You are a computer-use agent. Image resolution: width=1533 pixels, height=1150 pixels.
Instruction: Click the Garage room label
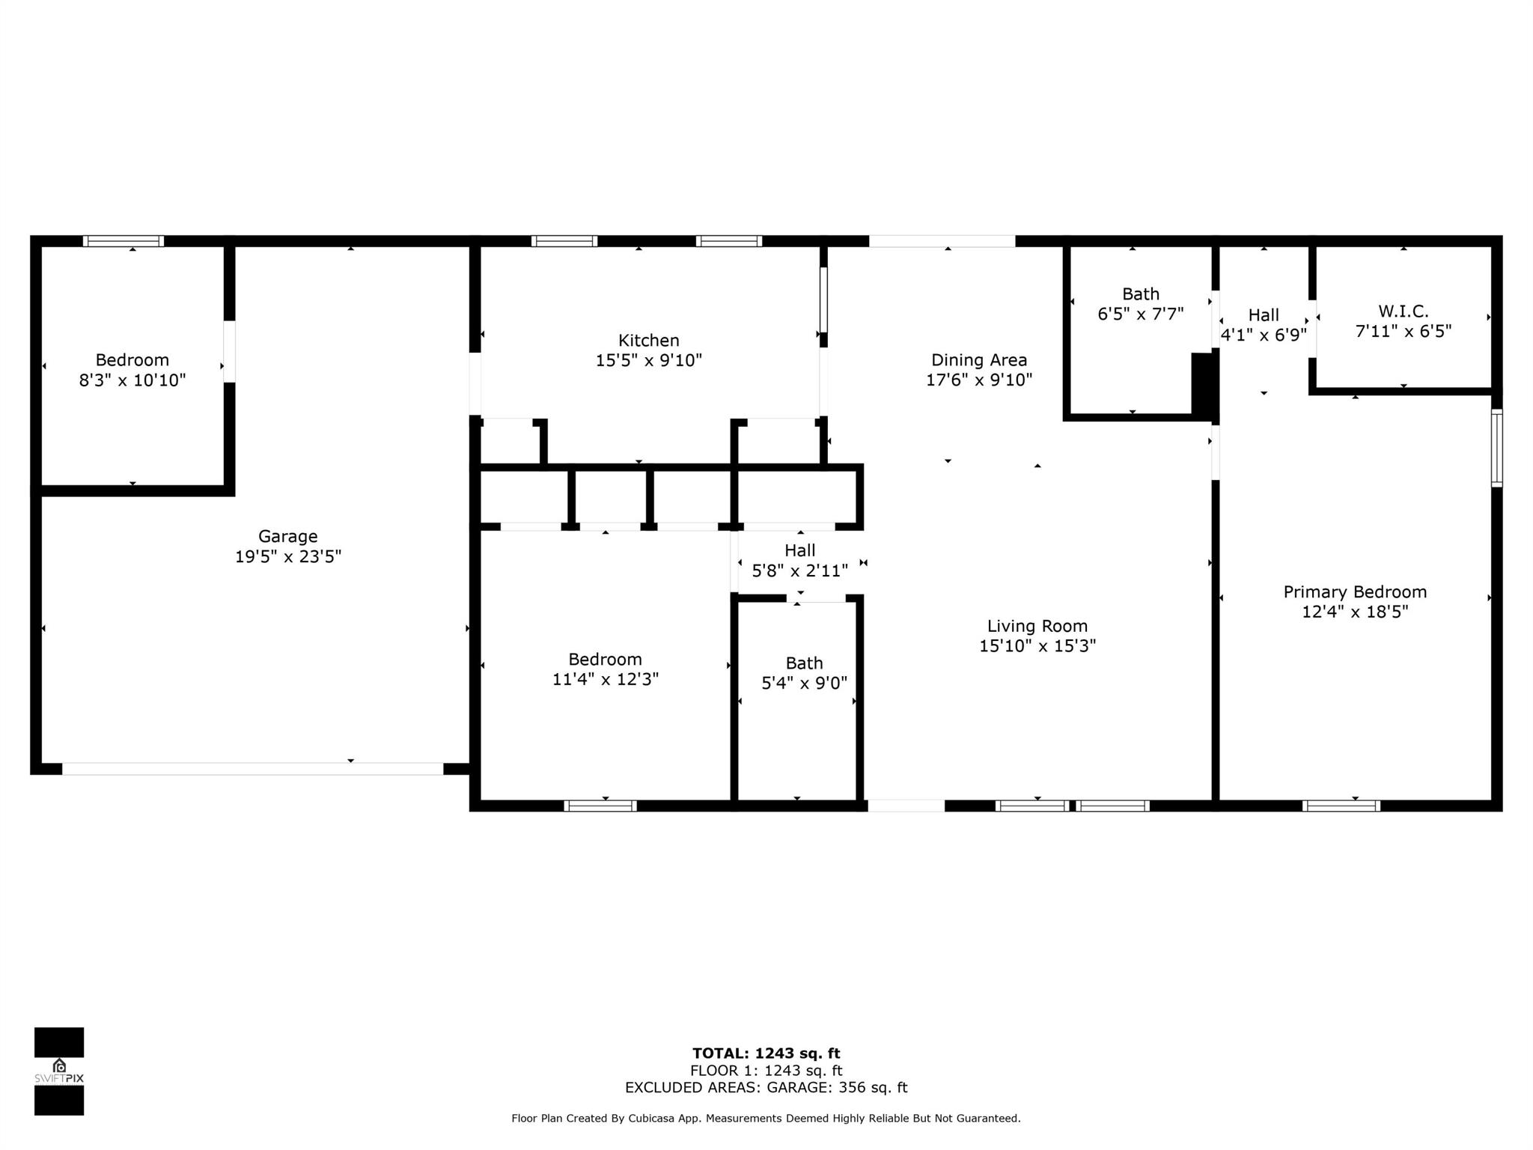pos(288,536)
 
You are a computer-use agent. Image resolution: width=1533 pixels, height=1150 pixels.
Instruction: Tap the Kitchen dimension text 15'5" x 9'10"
pos(649,360)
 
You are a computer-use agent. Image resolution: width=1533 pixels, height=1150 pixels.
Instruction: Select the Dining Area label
pos(979,360)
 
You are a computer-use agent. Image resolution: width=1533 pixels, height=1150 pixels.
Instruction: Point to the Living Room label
pos(1037,626)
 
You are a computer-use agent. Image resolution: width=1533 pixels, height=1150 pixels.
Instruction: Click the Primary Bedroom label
pos(1355,592)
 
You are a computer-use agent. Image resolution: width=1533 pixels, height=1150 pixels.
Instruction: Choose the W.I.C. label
pos(1404,311)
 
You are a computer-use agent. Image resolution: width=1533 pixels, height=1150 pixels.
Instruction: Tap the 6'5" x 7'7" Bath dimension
pos(1141,314)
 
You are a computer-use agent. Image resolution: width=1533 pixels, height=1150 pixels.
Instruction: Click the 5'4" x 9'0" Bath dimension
pos(805,683)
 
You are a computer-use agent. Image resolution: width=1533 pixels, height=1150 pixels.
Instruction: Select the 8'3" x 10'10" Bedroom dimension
pos(132,380)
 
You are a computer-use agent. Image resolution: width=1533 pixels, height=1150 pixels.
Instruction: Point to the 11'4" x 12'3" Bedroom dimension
pos(606,679)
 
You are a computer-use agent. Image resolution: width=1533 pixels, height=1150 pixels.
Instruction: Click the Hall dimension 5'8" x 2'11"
pos(800,571)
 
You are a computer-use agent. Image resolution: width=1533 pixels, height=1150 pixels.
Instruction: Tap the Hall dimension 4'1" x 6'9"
pos(1264,335)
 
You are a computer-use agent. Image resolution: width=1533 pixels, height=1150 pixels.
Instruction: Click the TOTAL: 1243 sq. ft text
pos(766,1053)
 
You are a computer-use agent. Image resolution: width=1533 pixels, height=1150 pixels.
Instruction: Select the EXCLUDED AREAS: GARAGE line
pos(766,1087)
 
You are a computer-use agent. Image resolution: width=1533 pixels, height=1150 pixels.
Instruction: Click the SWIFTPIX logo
pos(59,1071)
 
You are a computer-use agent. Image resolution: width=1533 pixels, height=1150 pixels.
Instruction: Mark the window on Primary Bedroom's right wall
pos(1496,448)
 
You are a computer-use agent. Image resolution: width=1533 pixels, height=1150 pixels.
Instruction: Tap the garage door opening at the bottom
pos(253,769)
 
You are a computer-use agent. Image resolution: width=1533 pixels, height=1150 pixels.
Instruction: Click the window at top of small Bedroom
pos(124,241)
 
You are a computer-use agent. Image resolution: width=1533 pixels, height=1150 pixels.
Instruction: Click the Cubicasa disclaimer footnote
pos(766,1119)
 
